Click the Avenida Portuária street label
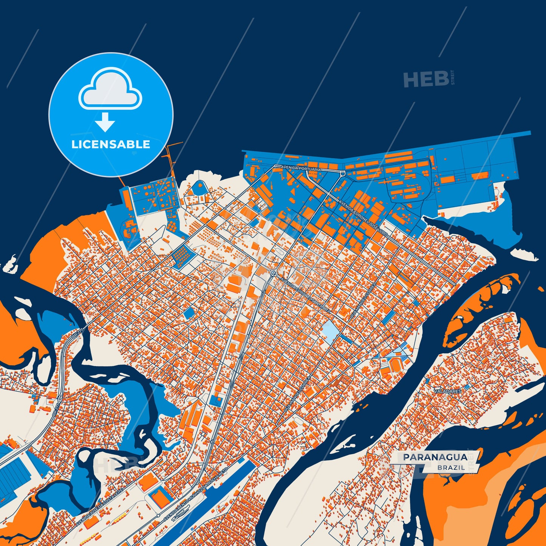pyautogui.click(x=301, y=169)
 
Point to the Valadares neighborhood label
pyautogui.click(x=448, y=391)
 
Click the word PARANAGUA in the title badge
pyautogui.click(x=435, y=457)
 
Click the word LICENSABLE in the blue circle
pyautogui.click(x=111, y=144)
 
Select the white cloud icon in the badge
pyautogui.click(x=110, y=90)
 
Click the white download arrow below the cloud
pyautogui.click(x=105, y=122)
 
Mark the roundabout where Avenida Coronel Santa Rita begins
pyautogui.click(x=273, y=272)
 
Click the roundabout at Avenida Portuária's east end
pyautogui.click(x=342, y=173)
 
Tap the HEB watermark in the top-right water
pyautogui.click(x=426, y=79)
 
